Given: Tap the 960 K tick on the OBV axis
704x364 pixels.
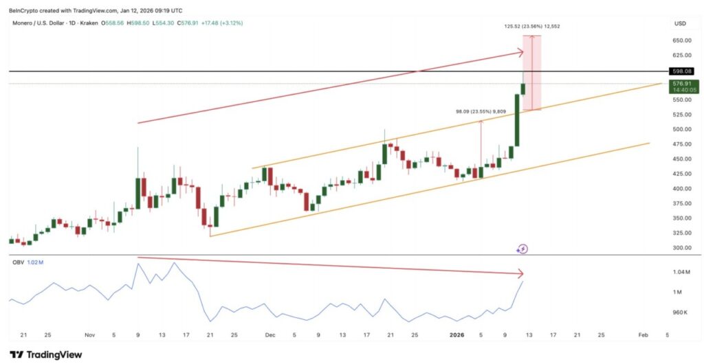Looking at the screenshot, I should [x=681, y=312].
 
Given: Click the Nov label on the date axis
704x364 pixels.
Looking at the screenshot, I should [x=89, y=335].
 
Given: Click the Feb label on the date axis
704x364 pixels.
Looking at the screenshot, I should [x=642, y=335].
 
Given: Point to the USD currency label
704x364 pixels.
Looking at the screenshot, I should [x=681, y=23].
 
